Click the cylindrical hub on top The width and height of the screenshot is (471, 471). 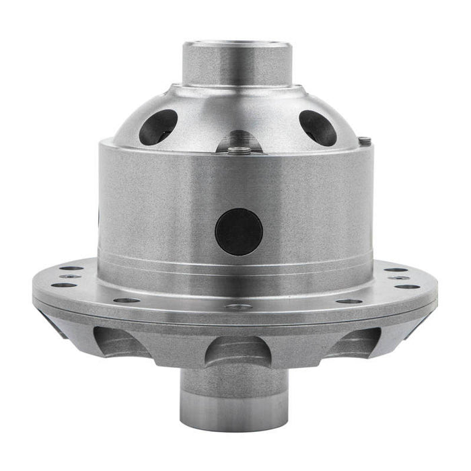[236, 64]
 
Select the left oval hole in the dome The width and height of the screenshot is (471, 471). [159, 126]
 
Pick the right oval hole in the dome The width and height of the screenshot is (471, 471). [318, 127]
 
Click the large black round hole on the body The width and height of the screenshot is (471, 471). [239, 231]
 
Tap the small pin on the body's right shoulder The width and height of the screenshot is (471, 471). [365, 141]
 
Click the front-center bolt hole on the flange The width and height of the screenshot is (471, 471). [238, 307]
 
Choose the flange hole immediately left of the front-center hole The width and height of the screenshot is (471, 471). [127, 300]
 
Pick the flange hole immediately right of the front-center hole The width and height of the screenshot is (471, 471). [349, 301]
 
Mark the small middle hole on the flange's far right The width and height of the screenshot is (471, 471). [402, 277]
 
